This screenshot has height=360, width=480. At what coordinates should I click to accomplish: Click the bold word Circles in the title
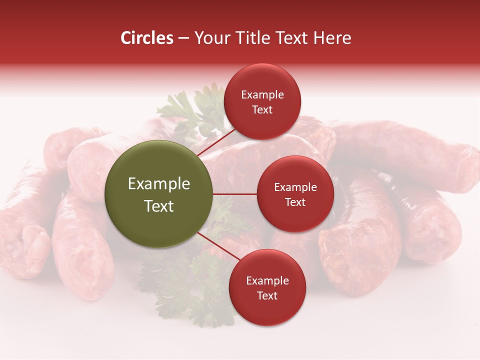[x=147, y=38]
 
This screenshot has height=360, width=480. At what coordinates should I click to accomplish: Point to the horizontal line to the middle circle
[x=235, y=194]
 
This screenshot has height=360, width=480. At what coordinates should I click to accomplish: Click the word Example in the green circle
[x=159, y=184]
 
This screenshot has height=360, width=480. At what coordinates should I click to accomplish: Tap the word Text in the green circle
[x=159, y=206]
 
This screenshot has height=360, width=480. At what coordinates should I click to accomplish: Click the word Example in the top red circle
[x=262, y=95]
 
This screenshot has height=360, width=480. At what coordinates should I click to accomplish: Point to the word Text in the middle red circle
[x=295, y=202]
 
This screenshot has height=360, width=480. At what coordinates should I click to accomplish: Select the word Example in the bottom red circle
[x=267, y=280]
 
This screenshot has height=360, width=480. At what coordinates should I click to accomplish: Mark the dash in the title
[x=183, y=38]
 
